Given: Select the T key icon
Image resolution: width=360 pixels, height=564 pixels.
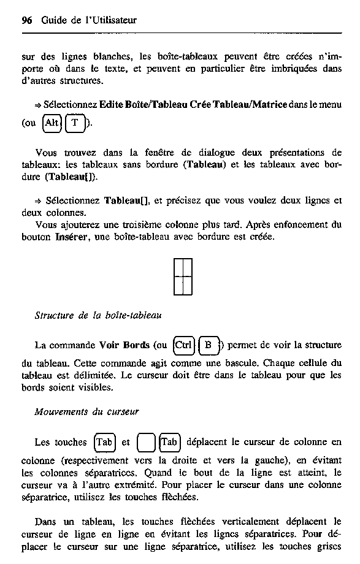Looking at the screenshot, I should pos(75,123).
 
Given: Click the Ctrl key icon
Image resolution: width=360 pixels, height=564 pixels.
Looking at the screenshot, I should pos(183,345).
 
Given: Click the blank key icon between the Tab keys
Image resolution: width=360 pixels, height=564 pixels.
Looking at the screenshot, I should pos(146,442).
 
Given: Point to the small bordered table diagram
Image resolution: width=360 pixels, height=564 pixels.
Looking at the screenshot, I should pos(183,276).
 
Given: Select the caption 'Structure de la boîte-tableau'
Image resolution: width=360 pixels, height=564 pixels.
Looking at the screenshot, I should pos(98,316).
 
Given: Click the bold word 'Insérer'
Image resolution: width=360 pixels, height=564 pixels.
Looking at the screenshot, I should pos(72,237).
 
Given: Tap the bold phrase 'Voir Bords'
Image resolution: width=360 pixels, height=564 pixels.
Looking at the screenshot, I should pos(124,345).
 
